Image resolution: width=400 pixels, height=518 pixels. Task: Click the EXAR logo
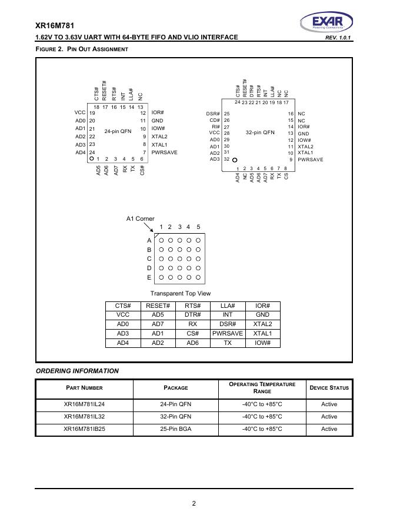(x=326, y=23)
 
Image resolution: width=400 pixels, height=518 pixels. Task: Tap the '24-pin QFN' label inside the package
(x=118, y=131)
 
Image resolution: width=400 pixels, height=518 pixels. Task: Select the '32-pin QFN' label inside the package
(x=260, y=132)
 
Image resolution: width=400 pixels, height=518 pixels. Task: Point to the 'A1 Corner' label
(x=141, y=218)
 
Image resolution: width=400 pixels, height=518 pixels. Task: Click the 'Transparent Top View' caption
(x=181, y=293)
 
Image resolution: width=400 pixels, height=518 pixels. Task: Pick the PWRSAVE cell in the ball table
(x=228, y=333)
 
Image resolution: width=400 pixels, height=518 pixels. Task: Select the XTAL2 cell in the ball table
(x=262, y=324)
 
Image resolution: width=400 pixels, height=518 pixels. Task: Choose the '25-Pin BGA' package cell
(x=176, y=429)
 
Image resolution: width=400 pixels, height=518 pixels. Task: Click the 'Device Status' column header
(x=329, y=387)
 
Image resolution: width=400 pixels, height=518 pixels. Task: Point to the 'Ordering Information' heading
(x=77, y=371)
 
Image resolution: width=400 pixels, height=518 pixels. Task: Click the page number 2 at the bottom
(x=194, y=503)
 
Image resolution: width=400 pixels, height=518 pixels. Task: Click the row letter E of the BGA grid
(x=149, y=277)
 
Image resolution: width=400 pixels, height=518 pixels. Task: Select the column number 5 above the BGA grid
(x=198, y=227)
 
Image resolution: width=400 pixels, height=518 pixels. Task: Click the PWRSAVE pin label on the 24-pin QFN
(x=164, y=152)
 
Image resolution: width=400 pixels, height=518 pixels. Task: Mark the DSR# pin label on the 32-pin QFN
(x=213, y=114)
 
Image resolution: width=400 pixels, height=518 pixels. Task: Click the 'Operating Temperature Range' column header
(x=262, y=387)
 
